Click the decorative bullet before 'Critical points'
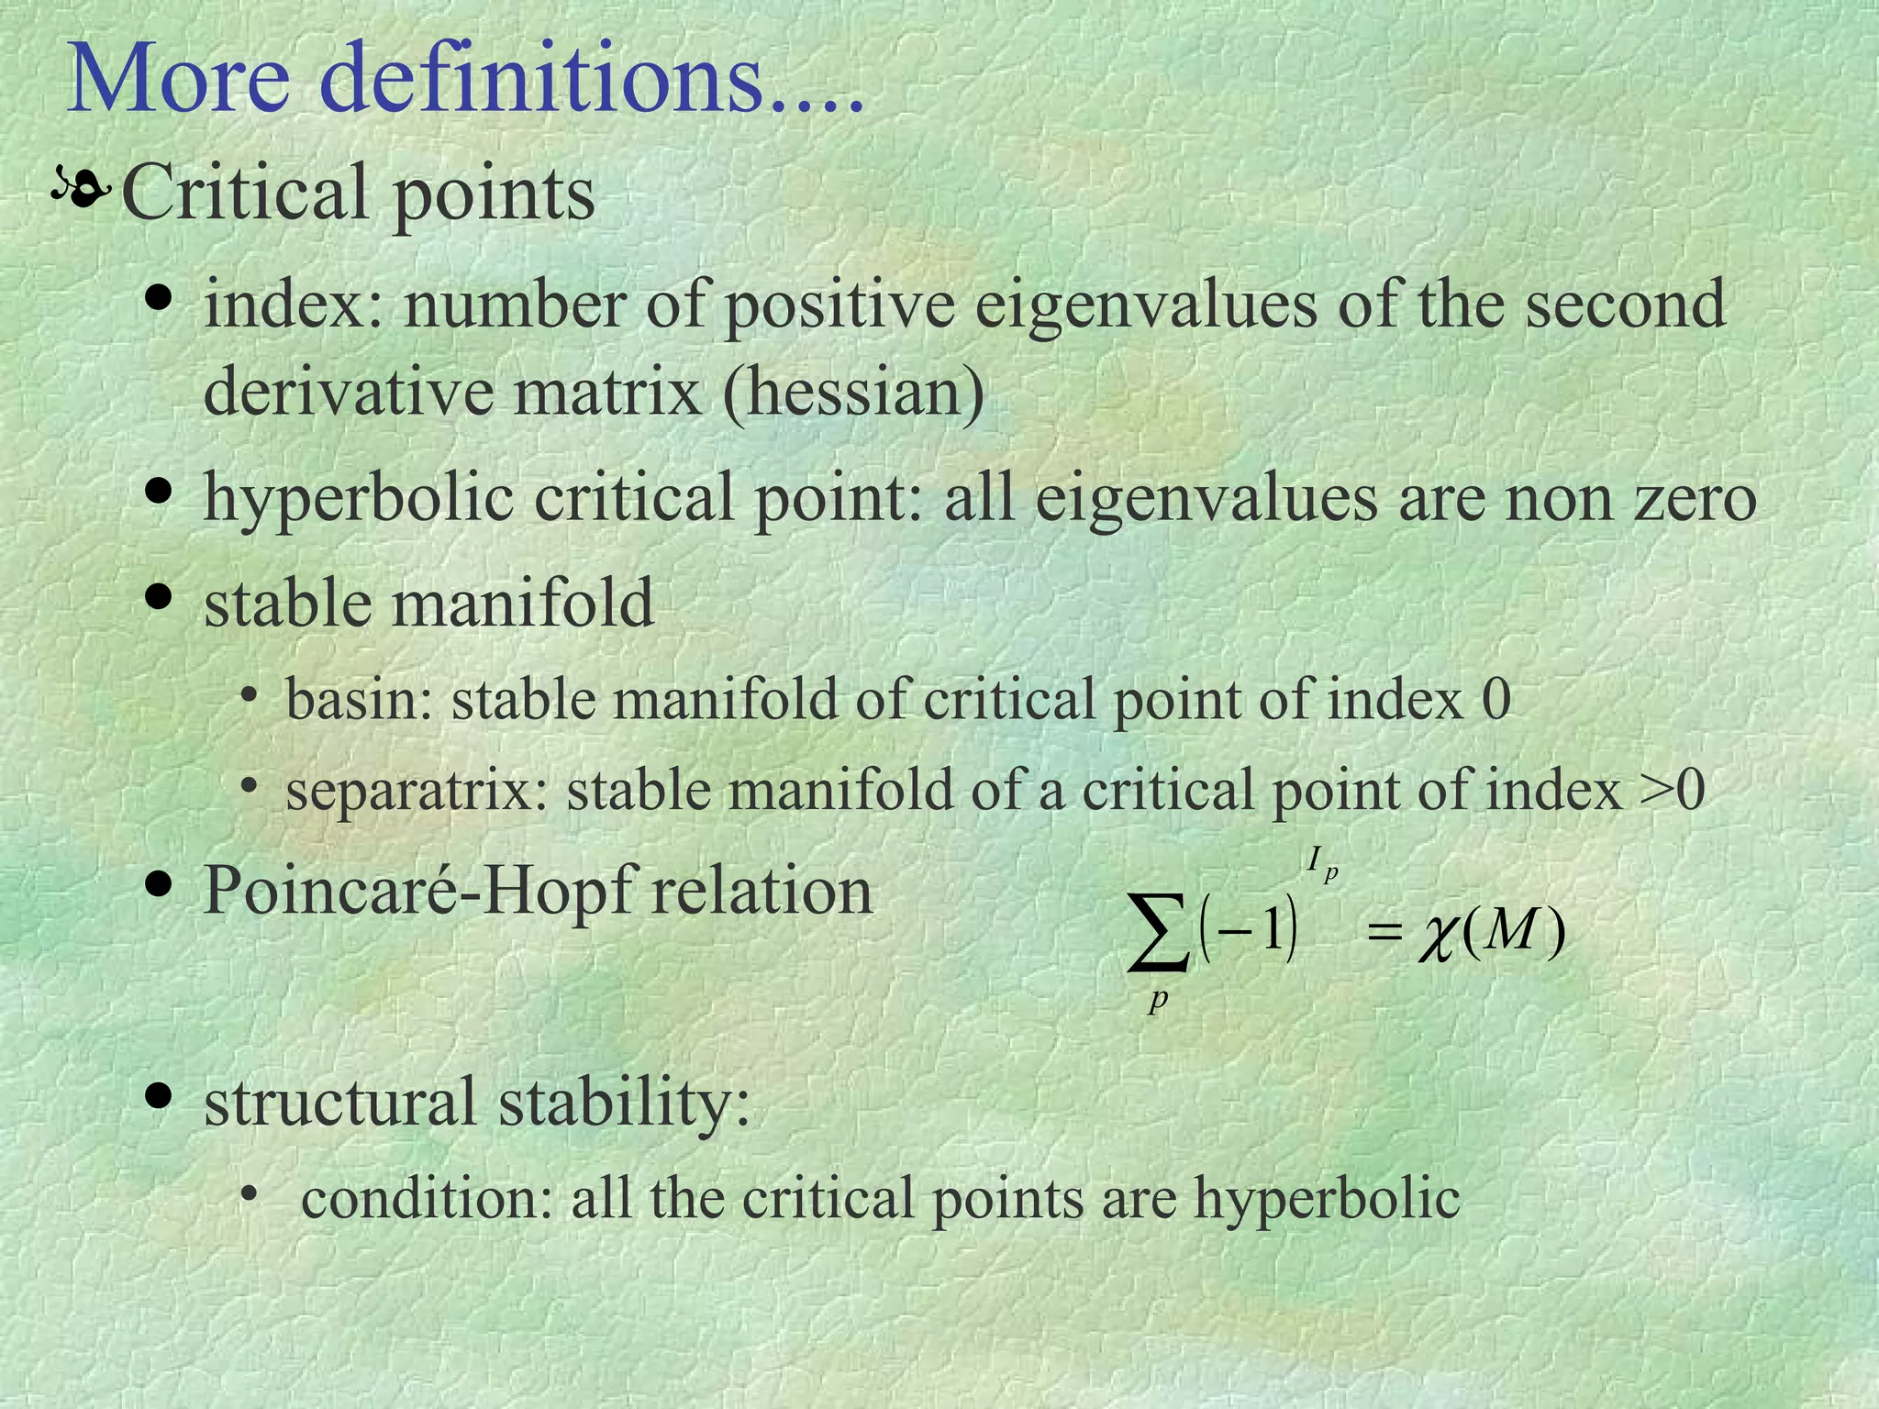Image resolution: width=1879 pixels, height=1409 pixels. click(x=82, y=188)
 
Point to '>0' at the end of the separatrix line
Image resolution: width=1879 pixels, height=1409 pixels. click(x=1672, y=791)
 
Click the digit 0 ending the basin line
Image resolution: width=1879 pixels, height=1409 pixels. click(x=1496, y=700)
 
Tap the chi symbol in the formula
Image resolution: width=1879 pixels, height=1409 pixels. click(x=1437, y=937)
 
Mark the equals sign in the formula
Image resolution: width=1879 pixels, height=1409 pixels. click(x=1385, y=935)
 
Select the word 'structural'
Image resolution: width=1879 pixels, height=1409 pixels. click(x=339, y=1102)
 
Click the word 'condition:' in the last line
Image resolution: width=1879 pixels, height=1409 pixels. click(x=427, y=1199)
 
